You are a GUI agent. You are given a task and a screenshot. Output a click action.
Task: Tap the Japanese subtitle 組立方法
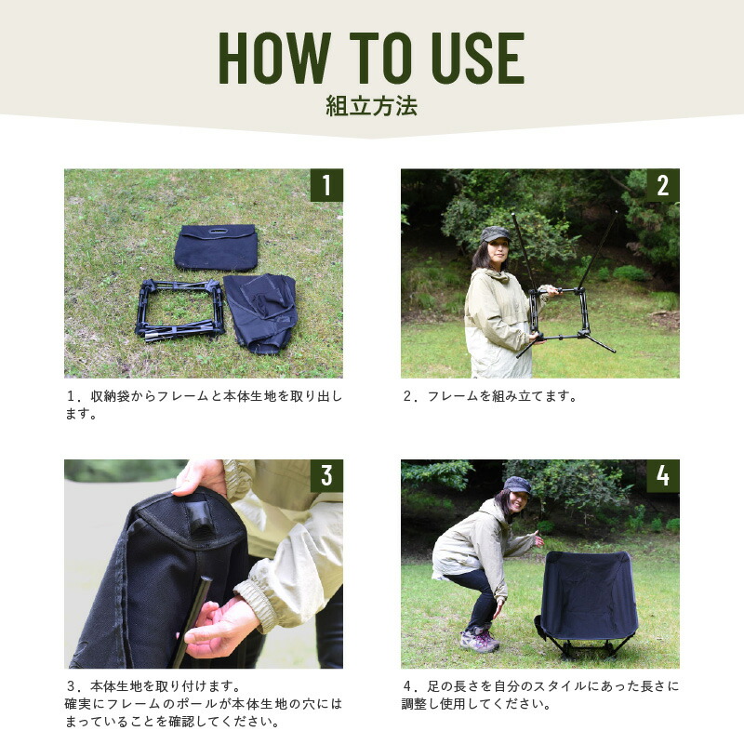371,105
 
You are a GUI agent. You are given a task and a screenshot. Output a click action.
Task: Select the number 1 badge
325,185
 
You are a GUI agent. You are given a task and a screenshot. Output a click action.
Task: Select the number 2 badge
662,185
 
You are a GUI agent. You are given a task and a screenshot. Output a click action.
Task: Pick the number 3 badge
325,475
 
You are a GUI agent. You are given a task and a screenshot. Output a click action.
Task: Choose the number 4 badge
662,475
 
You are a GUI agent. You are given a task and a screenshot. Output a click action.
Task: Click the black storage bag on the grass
216,246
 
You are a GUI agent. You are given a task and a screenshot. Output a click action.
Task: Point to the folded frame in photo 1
180,308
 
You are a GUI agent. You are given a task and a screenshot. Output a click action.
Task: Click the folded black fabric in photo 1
260,311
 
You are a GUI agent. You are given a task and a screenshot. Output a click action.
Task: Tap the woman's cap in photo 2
495,234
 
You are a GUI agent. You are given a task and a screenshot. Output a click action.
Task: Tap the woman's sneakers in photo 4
479,640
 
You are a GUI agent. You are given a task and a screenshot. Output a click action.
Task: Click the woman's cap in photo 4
516,485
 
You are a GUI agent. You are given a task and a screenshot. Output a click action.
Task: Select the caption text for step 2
489,395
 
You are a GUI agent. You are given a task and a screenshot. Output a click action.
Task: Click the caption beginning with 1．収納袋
204,405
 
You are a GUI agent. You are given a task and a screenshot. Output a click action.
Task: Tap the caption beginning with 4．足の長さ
540,695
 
